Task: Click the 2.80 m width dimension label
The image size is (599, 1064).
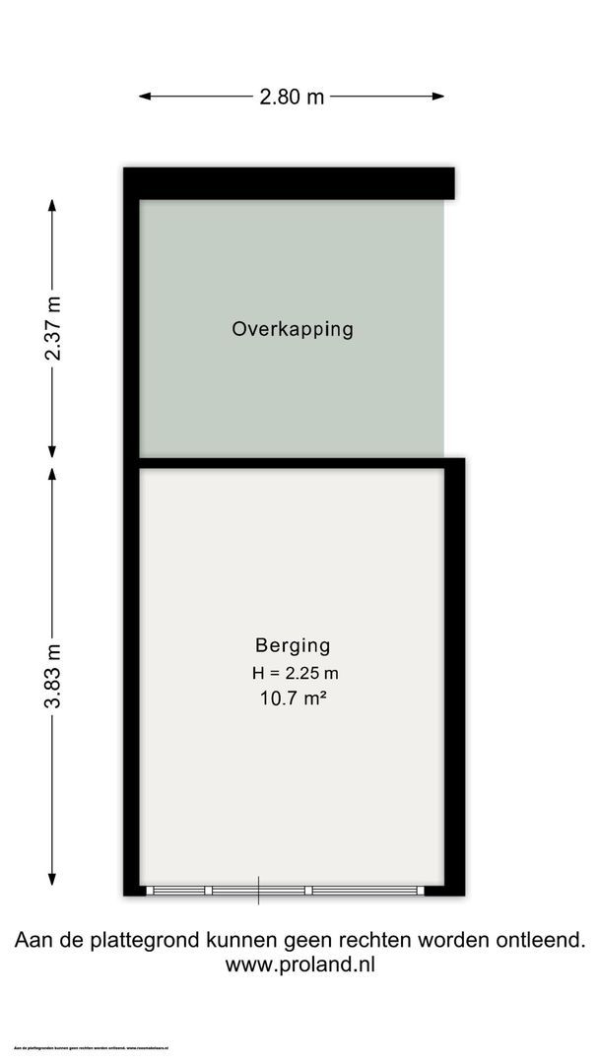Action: coord(292,97)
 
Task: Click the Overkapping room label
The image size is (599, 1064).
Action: coord(293,329)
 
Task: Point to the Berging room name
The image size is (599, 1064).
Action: coord(293,646)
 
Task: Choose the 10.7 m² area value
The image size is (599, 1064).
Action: coord(293,699)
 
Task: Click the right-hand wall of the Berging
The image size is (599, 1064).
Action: coord(454,680)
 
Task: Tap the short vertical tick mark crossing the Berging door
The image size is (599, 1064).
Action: coord(259,891)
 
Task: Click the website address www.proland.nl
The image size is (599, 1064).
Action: coord(299,965)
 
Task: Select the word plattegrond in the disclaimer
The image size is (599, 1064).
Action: coord(138,941)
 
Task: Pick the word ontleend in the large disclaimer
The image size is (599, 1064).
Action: coord(542,940)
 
